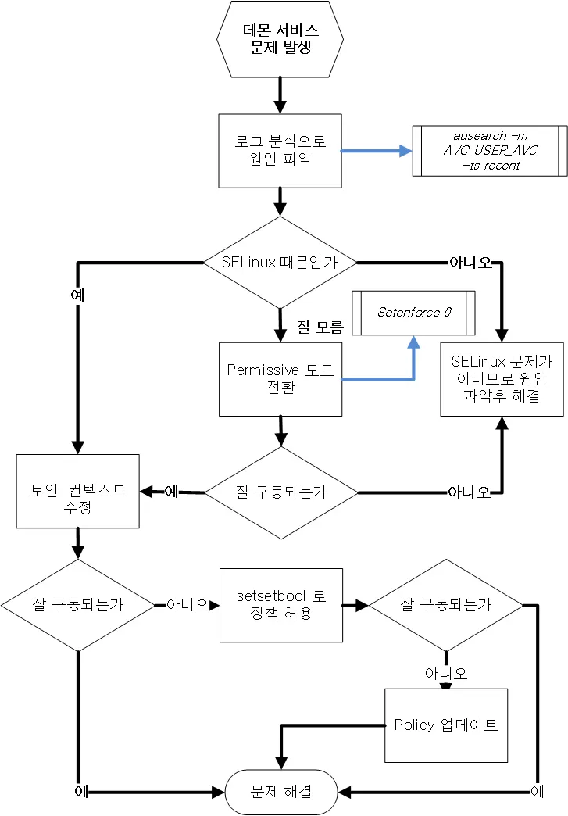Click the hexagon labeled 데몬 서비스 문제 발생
pyautogui.click(x=280, y=39)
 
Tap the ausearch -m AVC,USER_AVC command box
pyautogui.click(x=490, y=150)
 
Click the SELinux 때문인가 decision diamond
pyautogui.click(x=280, y=263)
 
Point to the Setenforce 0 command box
pyautogui.click(x=414, y=312)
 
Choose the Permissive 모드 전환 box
pyautogui.click(x=280, y=379)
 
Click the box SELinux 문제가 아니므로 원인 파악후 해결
pyautogui.click(x=501, y=379)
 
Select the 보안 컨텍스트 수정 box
pyautogui.click(x=78, y=491)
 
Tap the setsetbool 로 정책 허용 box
pyautogui.click(x=280, y=605)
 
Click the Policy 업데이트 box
pyautogui.click(x=446, y=725)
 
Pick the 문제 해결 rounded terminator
pyautogui.click(x=280, y=792)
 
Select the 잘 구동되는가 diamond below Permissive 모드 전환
pyautogui.click(x=280, y=492)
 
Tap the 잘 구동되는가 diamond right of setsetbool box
pyautogui.click(x=445, y=605)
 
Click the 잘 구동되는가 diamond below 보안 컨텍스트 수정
pyautogui.click(x=78, y=605)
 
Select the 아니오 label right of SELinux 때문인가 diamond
pyautogui.click(x=470, y=263)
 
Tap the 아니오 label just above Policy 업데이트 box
pyautogui.click(x=446, y=673)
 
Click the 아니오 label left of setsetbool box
pyautogui.click(x=188, y=605)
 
